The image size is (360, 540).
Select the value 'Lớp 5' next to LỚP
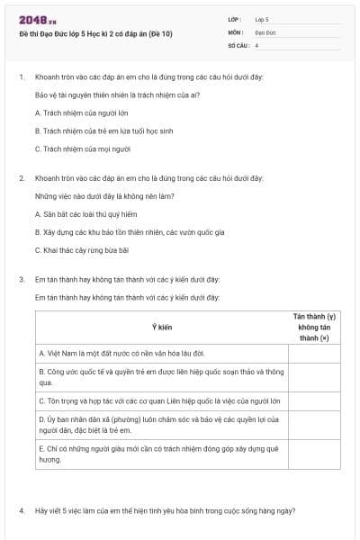(x=262, y=18)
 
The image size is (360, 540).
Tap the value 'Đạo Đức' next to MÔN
(x=265, y=31)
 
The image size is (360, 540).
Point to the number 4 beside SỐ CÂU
(x=256, y=44)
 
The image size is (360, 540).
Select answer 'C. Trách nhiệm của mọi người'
(x=83, y=148)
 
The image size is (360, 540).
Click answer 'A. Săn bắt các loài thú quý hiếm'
(x=85, y=214)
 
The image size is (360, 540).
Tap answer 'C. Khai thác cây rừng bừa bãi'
(x=82, y=249)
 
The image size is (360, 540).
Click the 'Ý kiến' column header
(x=162, y=327)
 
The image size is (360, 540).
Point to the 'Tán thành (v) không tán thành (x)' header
(x=315, y=327)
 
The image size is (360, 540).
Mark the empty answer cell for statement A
(x=315, y=353)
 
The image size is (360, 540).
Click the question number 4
(x=21, y=511)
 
